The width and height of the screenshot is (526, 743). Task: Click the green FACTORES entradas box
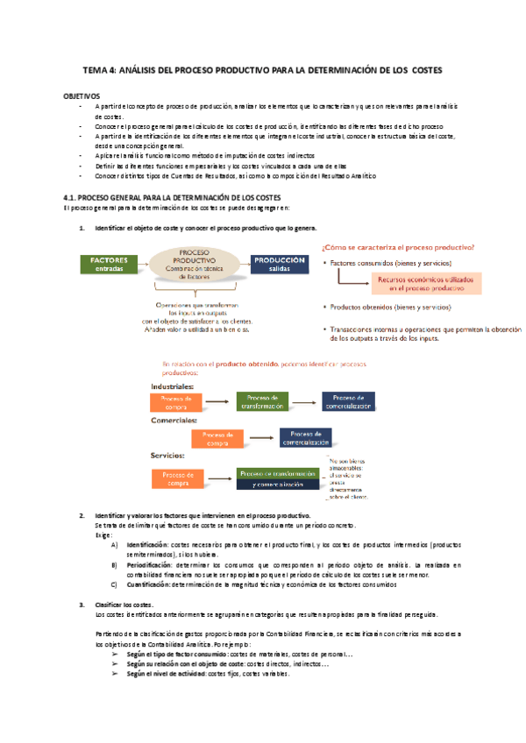click(107, 265)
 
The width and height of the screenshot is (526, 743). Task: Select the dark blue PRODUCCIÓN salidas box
click(280, 265)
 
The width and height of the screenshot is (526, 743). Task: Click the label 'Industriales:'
click(172, 386)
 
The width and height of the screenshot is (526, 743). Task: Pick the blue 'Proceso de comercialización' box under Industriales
click(354, 401)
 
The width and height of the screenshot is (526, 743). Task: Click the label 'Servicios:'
click(167, 456)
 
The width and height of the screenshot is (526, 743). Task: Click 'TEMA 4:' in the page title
click(101, 69)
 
